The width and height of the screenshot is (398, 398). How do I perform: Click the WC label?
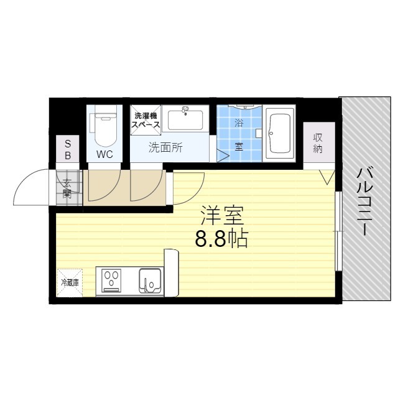point(104,154)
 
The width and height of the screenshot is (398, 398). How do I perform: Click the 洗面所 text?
point(165,148)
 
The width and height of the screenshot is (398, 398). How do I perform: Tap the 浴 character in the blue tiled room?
point(238,123)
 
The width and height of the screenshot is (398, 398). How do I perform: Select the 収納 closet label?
point(318,144)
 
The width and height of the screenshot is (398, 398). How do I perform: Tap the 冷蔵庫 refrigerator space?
point(70,282)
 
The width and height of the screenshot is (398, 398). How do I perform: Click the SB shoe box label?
point(68,149)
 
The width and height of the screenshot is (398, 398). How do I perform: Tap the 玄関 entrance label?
point(67,188)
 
